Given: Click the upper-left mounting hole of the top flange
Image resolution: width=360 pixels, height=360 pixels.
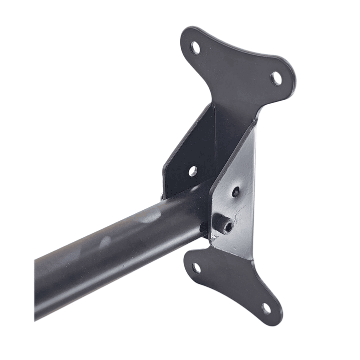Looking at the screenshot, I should tap(195, 48).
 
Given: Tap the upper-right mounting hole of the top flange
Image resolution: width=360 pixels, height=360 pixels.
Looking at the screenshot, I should tap(276, 78).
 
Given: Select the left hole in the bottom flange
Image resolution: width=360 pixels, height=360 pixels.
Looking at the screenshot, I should tap(196, 267).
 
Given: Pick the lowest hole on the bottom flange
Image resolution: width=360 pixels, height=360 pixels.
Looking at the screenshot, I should tap(266, 307).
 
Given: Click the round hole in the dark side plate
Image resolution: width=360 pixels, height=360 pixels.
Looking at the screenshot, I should tap(193, 171).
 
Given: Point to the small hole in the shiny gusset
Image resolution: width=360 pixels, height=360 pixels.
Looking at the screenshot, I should tap(235, 192).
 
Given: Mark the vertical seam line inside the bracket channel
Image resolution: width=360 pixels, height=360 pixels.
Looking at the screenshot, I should tap(215, 145).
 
